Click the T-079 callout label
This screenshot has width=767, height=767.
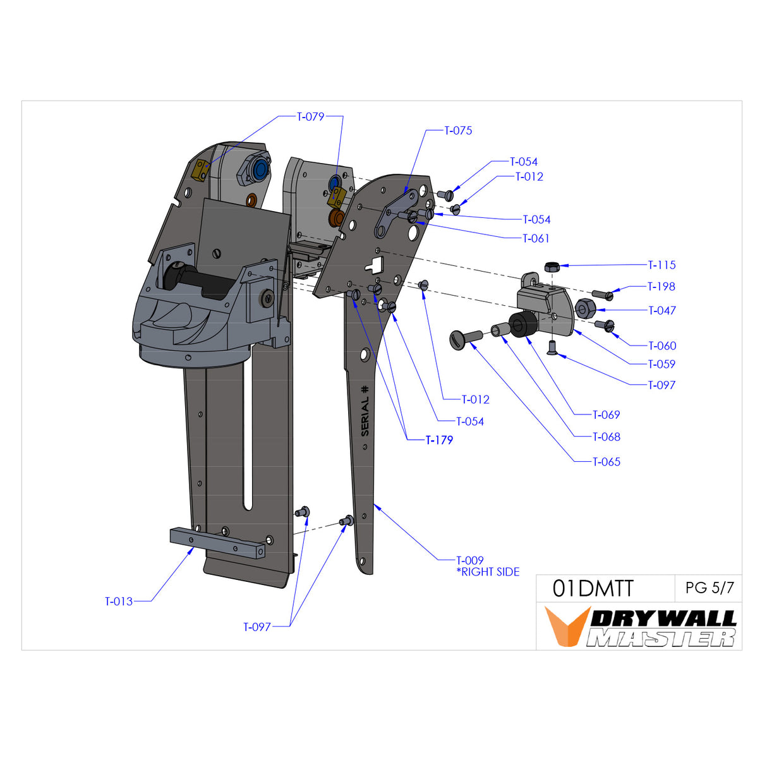pos(311,117)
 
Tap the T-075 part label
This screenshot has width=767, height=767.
pos(458,131)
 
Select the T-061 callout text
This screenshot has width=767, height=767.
pos(536,239)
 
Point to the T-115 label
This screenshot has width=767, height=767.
pos(662,265)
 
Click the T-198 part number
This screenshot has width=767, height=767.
pos(662,287)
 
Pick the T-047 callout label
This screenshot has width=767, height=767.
pos(662,311)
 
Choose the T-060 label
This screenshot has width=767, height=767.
pos(662,346)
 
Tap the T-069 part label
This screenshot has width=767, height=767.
pos(607,415)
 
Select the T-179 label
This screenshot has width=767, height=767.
pos(439,440)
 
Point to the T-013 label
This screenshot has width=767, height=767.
pos(119,601)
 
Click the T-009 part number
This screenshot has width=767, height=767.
pos(470,560)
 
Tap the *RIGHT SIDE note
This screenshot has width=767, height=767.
pos(488,572)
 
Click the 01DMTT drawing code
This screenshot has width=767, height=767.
pos(593,589)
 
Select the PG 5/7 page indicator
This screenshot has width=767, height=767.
pos(710,588)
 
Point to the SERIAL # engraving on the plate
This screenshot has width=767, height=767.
pos(365,411)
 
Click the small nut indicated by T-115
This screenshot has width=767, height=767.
pos(551,266)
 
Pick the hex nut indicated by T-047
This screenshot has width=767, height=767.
pos(584,309)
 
